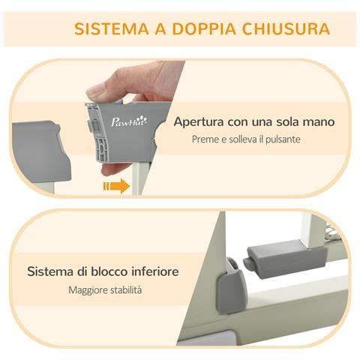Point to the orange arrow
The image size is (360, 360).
click(x=115, y=185)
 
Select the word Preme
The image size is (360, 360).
click(x=205, y=139)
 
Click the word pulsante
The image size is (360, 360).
click(x=283, y=139)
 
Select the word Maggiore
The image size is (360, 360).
click(x=88, y=289)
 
